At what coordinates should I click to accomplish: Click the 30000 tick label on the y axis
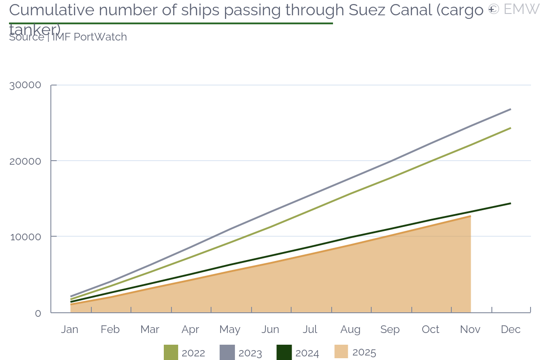[25, 85]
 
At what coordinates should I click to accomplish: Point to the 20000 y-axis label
[25, 161]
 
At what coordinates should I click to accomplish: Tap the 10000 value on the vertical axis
[25, 237]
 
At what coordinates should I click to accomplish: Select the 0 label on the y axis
[38, 313]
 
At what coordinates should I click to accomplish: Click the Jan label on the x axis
[70, 329]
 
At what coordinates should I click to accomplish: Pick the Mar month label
[150, 329]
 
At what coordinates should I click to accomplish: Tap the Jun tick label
[270, 329]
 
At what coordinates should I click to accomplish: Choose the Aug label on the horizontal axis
[350, 329]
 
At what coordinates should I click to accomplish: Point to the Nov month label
[470, 329]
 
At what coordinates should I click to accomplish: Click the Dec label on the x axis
[511, 329]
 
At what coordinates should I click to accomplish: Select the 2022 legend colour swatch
[171, 352]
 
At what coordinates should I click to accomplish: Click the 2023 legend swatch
[227, 352]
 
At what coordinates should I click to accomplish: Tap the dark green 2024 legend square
[284, 352]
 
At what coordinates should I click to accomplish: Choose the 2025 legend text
[364, 352]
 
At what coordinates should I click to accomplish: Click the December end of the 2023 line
[510, 109]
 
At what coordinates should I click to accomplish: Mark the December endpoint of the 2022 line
[510, 128]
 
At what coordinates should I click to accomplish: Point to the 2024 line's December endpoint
[510, 203]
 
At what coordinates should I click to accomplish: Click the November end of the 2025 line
[470, 216]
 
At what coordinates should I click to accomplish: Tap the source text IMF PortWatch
[90, 37]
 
